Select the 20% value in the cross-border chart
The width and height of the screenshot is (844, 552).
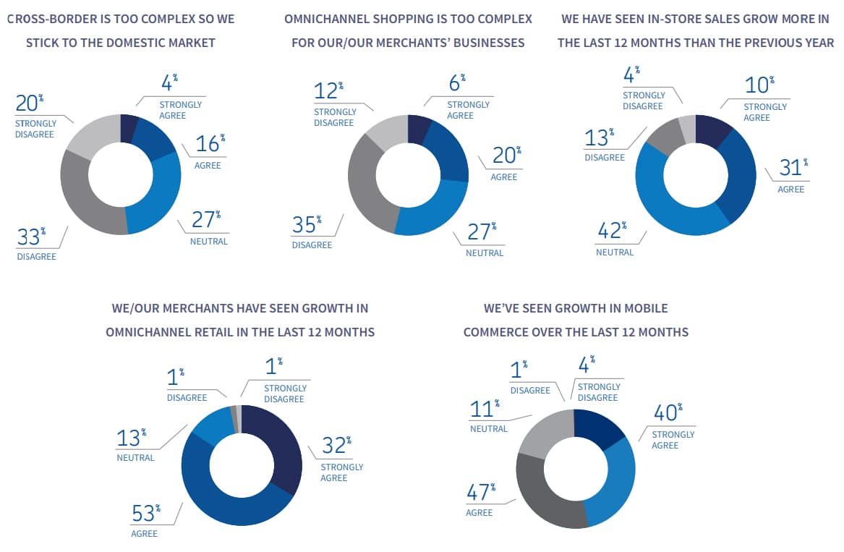(x=27, y=103)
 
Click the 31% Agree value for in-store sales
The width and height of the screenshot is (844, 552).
(x=790, y=169)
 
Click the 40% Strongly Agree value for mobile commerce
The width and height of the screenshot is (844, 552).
(x=666, y=413)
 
